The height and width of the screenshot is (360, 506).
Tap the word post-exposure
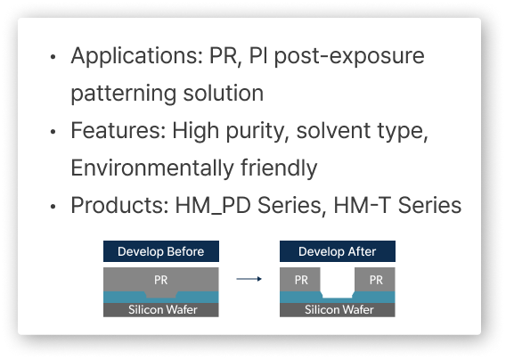coord(349,56)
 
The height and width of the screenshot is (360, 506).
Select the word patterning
coord(124,94)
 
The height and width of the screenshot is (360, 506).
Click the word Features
coord(118,130)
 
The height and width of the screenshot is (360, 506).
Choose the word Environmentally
coord(152,168)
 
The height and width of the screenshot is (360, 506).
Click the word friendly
coord(279,168)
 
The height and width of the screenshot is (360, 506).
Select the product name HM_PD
coord(213,206)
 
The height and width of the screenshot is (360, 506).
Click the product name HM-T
coord(362,205)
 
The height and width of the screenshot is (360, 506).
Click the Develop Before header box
coord(161,251)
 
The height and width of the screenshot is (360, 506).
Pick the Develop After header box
coord(338,251)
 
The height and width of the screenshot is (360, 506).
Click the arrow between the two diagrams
coord(249,279)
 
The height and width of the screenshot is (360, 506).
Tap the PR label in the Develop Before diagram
coord(160,280)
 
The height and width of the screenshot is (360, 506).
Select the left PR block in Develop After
coord(300,280)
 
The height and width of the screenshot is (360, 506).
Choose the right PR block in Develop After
coord(375,280)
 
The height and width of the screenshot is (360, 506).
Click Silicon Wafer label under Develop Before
coord(163,309)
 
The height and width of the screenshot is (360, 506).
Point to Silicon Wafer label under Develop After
coord(339,309)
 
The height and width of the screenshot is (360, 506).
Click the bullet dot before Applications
coord(53,57)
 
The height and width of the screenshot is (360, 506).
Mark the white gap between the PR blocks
coord(338,282)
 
